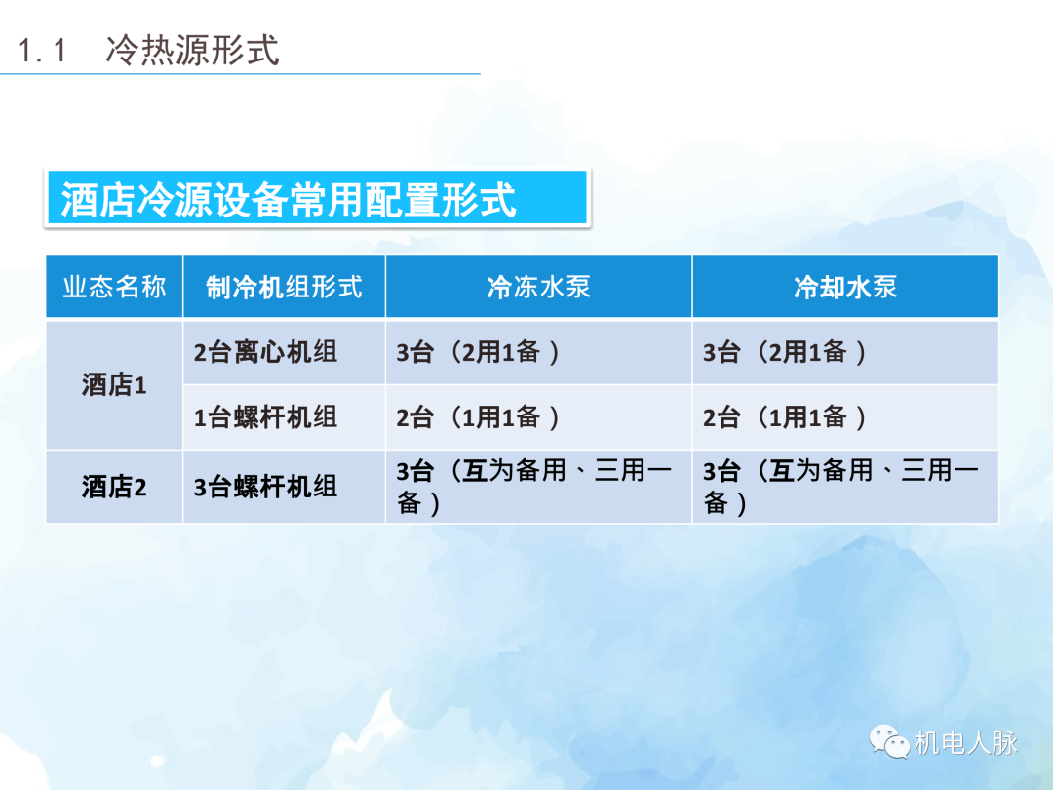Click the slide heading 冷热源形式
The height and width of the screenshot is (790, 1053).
click(x=192, y=50)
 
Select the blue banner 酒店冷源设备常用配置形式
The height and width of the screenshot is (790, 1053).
click(x=316, y=199)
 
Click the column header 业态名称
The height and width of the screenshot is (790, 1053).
click(x=114, y=287)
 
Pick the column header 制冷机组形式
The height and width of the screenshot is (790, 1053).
click(x=284, y=287)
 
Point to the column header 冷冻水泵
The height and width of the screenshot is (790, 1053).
click(x=538, y=287)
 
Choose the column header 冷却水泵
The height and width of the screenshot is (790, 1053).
click(x=845, y=287)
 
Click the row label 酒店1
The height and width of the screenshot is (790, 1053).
click(x=114, y=385)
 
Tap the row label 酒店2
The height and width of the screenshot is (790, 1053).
click(x=114, y=487)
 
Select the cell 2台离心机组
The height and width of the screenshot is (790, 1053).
click(x=266, y=353)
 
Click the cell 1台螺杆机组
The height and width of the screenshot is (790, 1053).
click(x=266, y=417)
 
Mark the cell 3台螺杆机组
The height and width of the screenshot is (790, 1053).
click(x=266, y=487)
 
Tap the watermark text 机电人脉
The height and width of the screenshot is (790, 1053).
click(x=965, y=743)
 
